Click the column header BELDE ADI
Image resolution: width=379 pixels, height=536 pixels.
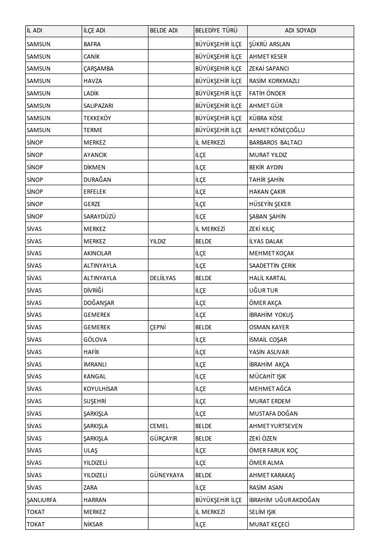(x=164, y=31)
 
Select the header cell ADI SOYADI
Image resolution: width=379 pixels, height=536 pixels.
(x=300, y=31)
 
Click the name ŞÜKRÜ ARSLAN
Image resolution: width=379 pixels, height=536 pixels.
(x=270, y=44)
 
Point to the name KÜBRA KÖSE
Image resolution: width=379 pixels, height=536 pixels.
(x=266, y=118)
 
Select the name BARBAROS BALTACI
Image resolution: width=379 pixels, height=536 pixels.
(x=275, y=143)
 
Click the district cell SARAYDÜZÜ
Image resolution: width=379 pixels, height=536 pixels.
(x=100, y=216)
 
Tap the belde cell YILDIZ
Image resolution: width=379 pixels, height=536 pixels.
(x=158, y=242)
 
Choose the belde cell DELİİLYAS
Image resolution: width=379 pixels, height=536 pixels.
(x=163, y=278)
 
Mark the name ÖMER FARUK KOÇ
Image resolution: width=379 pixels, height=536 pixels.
(x=274, y=451)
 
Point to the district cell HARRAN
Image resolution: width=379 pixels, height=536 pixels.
(x=95, y=500)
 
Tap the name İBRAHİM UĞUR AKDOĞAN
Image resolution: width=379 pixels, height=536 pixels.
(x=284, y=500)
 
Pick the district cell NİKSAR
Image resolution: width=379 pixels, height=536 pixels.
(x=93, y=525)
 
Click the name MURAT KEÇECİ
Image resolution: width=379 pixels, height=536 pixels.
(x=269, y=525)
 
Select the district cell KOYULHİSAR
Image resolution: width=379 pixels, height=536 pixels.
(x=100, y=389)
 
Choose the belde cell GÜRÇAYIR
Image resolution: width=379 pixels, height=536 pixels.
(x=164, y=439)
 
